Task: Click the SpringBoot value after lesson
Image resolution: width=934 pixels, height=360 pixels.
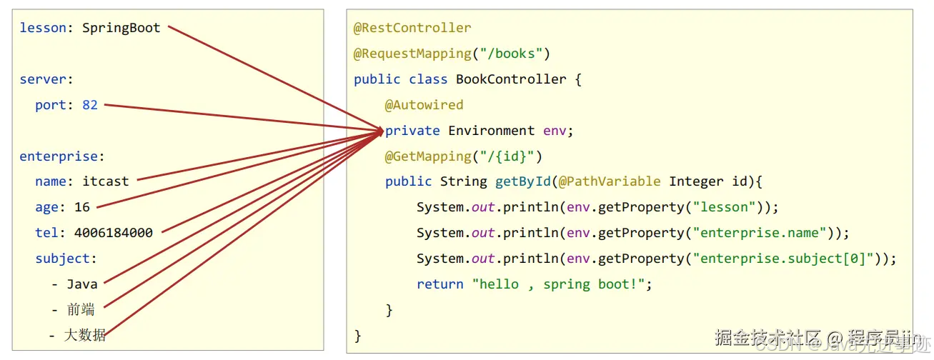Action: [x=121, y=28]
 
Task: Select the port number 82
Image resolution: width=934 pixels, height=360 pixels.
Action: [x=89, y=105]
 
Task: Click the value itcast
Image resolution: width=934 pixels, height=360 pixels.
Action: [x=106, y=181]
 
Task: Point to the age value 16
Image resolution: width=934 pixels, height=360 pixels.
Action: [x=82, y=207]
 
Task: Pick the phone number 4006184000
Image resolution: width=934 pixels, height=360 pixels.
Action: [x=113, y=233]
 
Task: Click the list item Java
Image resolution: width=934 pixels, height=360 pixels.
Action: [x=81, y=284]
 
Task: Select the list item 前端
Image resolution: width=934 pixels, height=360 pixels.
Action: [x=81, y=310]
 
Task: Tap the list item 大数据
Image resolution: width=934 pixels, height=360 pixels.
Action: [x=85, y=335]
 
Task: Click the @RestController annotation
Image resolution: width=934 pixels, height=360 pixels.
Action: [x=412, y=28]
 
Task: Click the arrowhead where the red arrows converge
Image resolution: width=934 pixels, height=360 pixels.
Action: [x=380, y=131]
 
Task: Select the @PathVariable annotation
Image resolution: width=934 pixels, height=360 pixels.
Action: [x=610, y=181]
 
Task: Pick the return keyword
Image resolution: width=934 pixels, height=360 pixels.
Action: [x=440, y=284]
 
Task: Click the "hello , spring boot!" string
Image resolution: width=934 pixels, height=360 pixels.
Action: [x=562, y=284]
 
